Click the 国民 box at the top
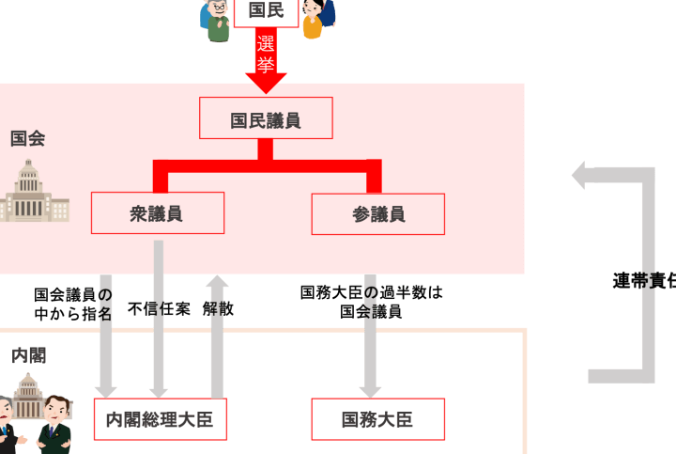tap(266, 11)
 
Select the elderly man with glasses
tap(218, 19)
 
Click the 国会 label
tap(28, 138)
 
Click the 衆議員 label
tap(156, 214)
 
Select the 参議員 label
tap(378, 214)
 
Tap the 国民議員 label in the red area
tap(266, 120)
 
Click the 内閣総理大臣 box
tap(161, 419)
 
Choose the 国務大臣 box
tap(377, 419)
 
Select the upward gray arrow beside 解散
tap(217, 334)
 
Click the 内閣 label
tap(29, 355)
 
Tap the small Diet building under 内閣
tap(28, 395)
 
